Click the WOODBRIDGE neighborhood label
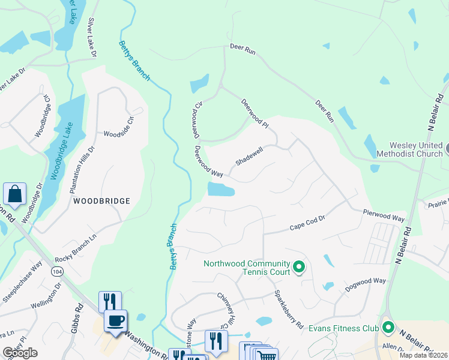tap(101, 201)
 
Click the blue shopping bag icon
tap(14, 194)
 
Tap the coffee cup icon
tap(115, 320)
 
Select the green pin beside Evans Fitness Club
tap(388, 328)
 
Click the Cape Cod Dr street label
tap(307, 227)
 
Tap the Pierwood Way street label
tap(384, 215)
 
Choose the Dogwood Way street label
tap(365, 285)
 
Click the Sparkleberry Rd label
tap(288, 309)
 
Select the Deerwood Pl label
tap(255, 113)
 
